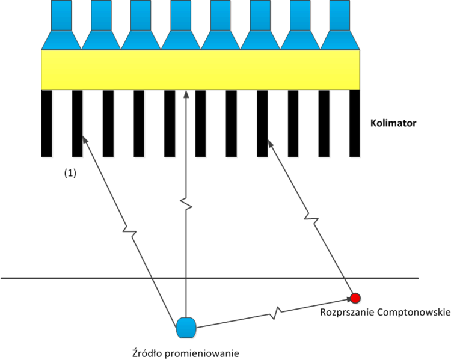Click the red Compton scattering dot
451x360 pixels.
[x=355, y=297]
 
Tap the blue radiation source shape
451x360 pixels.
[x=186, y=328]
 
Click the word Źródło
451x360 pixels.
[x=147, y=352]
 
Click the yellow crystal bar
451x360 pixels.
[x=200, y=70]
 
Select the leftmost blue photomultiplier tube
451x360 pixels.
[x=61, y=24]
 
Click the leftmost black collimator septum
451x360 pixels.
[x=46, y=123]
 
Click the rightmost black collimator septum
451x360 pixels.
[x=355, y=123]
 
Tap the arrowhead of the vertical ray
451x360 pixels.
[x=186, y=94]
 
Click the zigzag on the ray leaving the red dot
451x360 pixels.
[x=310, y=216]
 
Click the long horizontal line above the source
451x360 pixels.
[x=90, y=278]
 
